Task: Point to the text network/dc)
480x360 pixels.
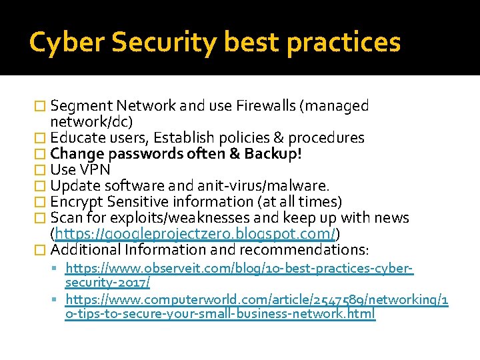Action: (x=91, y=121)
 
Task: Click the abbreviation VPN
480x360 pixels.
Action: (x=95, y=170)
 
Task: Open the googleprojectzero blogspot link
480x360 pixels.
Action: (x=195, y=233)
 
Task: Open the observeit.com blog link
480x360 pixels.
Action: (x=239, y=269)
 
